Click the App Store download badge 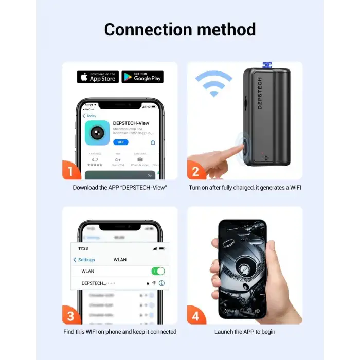[98, 77]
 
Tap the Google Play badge [142, 77]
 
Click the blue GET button [120, 142]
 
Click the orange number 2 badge [196, 170]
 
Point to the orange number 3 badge [71, 315]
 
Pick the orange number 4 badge [196, 315]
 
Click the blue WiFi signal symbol [213, 84]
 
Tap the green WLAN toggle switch [158, 271]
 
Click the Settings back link [84, 260]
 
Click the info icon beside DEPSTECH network [161, 283]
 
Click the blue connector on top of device [267, 65]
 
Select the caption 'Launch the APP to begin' [245, 332]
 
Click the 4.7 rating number [95, 159]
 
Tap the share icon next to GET [153, 142]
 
